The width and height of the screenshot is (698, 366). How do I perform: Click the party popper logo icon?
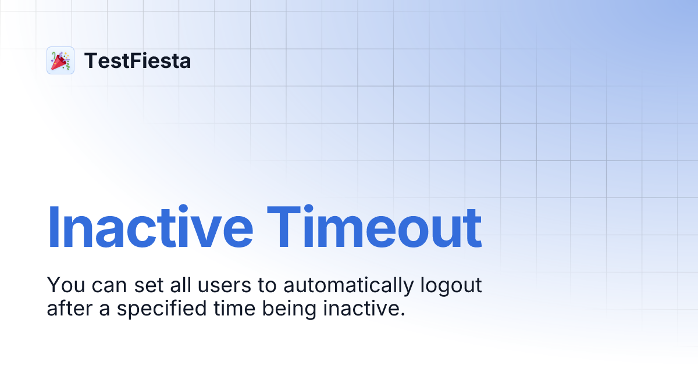click(x=60, y=60)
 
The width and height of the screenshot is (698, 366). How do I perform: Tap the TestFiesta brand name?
click(x=137, y=60)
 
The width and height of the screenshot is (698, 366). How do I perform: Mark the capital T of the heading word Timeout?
click(x=289, y=227)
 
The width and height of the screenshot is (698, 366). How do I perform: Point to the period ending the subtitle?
click(x=402, y=314)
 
